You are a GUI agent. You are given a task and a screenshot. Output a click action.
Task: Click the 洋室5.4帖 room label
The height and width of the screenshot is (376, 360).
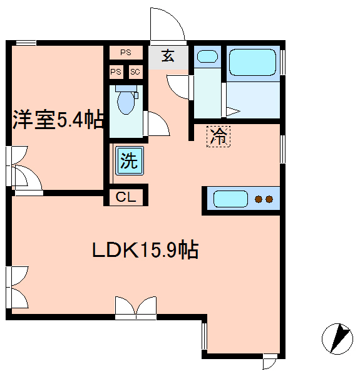pyautogui.click(x=58, y=120)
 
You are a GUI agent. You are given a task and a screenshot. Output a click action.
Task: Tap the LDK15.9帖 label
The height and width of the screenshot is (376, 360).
pyautogui.click(x=145, y=249)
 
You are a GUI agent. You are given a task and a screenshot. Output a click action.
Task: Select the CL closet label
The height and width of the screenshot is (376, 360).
pyautogui.click(x=126, y=197)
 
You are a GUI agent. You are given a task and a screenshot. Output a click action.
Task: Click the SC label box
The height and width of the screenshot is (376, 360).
pyautogui.click(x=135, y=71)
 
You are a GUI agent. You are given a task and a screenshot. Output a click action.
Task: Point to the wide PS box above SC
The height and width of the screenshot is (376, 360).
pyautogui.click(x=126, y=52)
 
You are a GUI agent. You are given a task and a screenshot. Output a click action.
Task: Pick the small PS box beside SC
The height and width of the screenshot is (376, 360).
pyautogui.click(x=116, y=71)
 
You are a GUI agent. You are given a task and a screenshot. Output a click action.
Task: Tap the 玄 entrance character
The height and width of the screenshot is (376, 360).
pyautogui.click(x=168, y=56)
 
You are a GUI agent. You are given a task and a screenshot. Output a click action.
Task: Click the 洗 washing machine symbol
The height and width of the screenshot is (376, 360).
pyautogui.click(x=130, y=160)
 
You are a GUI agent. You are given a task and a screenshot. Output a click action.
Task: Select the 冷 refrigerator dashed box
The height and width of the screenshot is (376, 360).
pyautogui.click(x=219, y=136)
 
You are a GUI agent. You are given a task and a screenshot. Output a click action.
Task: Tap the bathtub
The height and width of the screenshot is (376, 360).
pyautogui.click(x=253, y=62)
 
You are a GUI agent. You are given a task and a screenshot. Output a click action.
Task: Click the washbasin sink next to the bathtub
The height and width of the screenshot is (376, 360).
pyautogui.click(x=207, y=56)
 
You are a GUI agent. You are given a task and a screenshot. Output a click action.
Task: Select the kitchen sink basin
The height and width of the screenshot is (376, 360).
pyautogui.click(x=230, y=199)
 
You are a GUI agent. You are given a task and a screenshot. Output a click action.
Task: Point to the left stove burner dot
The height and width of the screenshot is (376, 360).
pyautogui.click(x=259, y=199)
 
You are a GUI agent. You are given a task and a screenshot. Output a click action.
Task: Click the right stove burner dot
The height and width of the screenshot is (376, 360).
pyautogui.click(x=269, y=199)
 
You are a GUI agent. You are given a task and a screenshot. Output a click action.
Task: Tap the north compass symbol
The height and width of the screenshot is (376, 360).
pyautogui.click(x=337, y=339)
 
